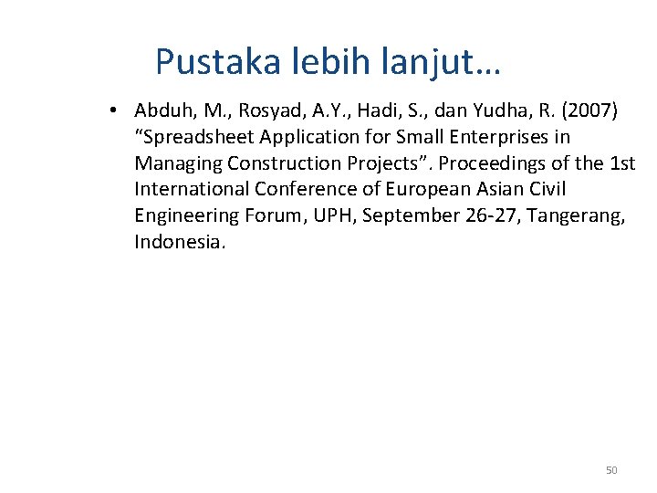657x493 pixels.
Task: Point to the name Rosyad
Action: [266, 111]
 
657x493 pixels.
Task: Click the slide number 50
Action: [611, 470]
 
